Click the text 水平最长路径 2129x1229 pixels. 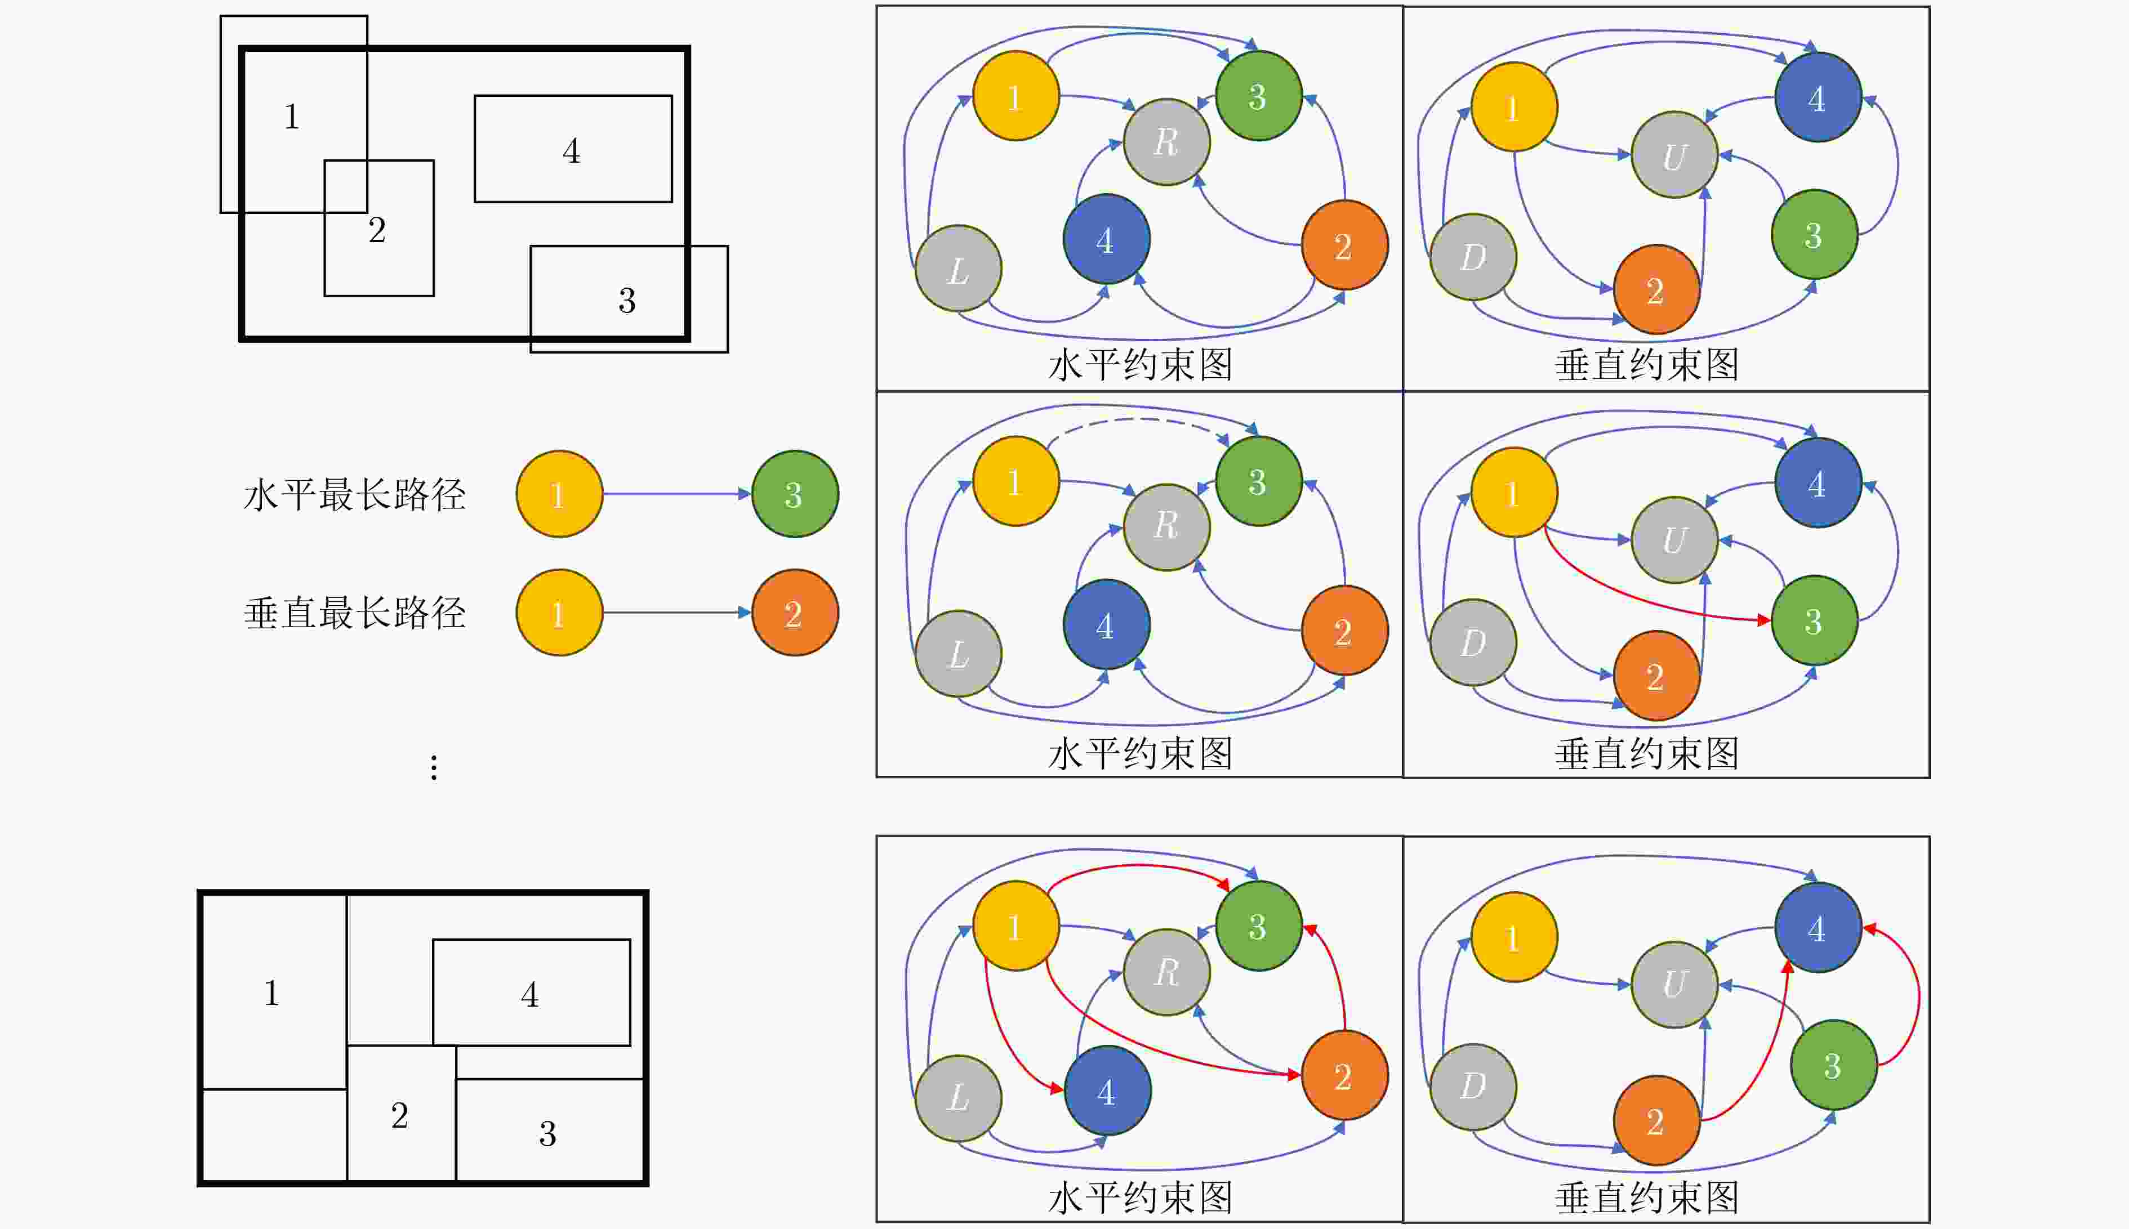[355, 495]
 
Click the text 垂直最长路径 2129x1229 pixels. [355, 613]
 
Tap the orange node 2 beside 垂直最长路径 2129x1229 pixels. [794, 613]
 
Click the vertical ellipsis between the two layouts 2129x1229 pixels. [434, 767]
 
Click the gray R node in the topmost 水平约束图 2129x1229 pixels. [1166, 142]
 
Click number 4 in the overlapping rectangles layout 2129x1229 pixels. [572, 151]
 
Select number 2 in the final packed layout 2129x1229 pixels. [400, 1115]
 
